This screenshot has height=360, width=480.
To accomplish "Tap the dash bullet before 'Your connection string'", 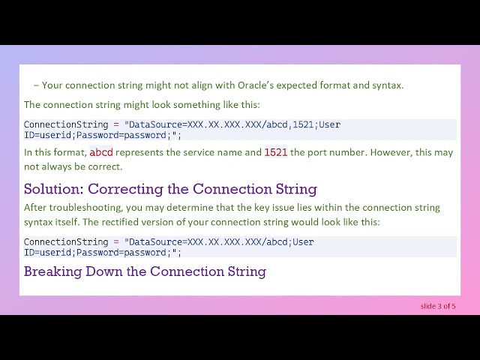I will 36,85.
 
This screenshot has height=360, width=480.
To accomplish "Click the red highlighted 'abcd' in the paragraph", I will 101,152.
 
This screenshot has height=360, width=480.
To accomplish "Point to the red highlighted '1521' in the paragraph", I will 276,152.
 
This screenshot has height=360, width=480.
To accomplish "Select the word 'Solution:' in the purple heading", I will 55,189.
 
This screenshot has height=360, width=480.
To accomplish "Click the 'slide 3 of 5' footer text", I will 438,306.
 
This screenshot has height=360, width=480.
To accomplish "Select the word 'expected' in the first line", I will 319,85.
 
